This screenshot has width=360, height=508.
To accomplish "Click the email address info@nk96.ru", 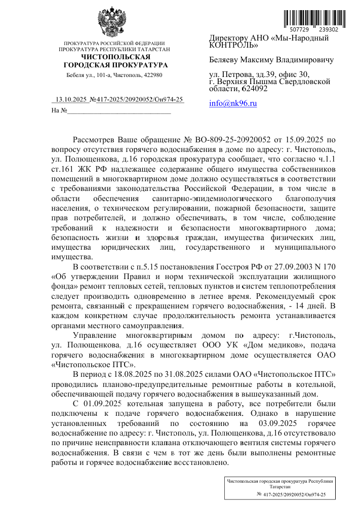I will point(233,103).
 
